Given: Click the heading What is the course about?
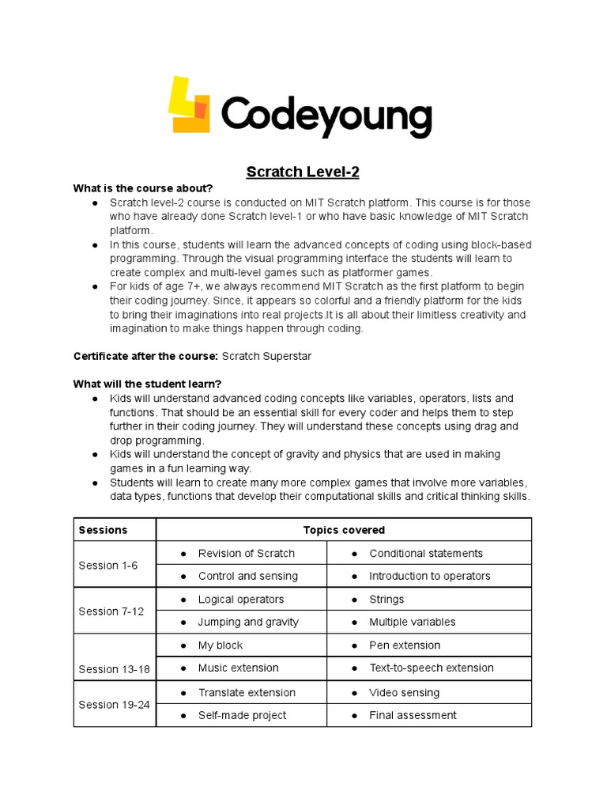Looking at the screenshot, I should point(143,188).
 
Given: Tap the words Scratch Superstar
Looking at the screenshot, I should point(266,356).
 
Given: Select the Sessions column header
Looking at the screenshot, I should point(103,530).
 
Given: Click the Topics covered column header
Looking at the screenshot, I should point(344,530).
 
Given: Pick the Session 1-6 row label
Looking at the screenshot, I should point(108,565).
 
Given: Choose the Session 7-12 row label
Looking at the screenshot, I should point(111,611).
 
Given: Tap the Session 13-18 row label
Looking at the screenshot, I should point(115,669).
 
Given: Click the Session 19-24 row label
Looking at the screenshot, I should point(115,704).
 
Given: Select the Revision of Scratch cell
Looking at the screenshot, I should point(246,553).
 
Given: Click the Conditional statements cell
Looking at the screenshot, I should point(425,553).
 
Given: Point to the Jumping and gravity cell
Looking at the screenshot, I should point(248,622).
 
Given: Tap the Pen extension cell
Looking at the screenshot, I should point(405,645).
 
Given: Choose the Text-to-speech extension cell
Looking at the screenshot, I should point(431,668).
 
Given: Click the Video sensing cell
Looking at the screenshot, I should point(404,692).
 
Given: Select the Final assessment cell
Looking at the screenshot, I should point(413,715).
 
